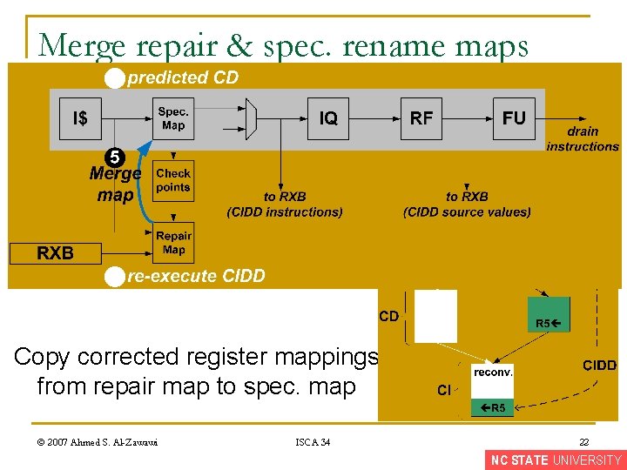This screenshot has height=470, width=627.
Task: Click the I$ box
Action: coord(79,119)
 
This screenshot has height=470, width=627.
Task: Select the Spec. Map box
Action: coord(173,119)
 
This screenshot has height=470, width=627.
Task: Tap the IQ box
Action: coord(328,119)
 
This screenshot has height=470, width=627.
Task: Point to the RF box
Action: coord(421,119)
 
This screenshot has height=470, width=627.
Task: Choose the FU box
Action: coord(514,119)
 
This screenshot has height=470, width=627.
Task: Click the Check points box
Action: coord(173,181)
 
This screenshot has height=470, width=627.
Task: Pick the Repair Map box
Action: coord(173,243)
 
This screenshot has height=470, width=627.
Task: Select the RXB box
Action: coord(55,253)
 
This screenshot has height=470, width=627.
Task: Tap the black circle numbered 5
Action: coord(114,158)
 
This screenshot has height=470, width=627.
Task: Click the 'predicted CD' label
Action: coord(183,78)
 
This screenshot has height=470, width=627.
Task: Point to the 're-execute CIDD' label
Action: coord(196,277)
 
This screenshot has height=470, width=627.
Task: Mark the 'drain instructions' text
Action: coord(583,139)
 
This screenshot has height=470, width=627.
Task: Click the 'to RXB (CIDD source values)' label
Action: coord(467,205)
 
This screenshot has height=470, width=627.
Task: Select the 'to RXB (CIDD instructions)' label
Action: coord(285,205)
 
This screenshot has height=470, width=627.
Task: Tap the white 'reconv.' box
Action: coord(493,372)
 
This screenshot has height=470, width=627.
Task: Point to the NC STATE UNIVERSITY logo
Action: coord(556,460)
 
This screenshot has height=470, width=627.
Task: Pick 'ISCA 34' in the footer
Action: coord(313,443)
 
